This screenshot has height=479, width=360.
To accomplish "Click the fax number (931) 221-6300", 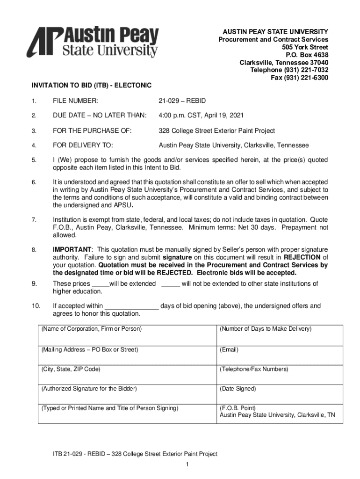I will pyautogui.click(x=300, y=78).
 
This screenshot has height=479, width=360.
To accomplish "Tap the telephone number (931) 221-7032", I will pyautogui.click(x=289, y=70).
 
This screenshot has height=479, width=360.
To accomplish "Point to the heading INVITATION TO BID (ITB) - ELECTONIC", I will pyautogui.click(x=92, y=86).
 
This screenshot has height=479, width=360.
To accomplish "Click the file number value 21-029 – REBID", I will pyautogui.click(x=182, y=101).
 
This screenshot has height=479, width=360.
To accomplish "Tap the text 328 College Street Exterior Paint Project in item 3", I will pyautogui.click(x=217, y=131).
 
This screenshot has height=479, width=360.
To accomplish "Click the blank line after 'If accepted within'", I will pyautogui.click(x=131, y=307).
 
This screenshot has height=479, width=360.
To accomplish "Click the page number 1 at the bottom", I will pyautogui.click(x=187, y=464).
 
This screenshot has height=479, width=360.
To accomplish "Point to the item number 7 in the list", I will pyautogui.click(x=34, y=219).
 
